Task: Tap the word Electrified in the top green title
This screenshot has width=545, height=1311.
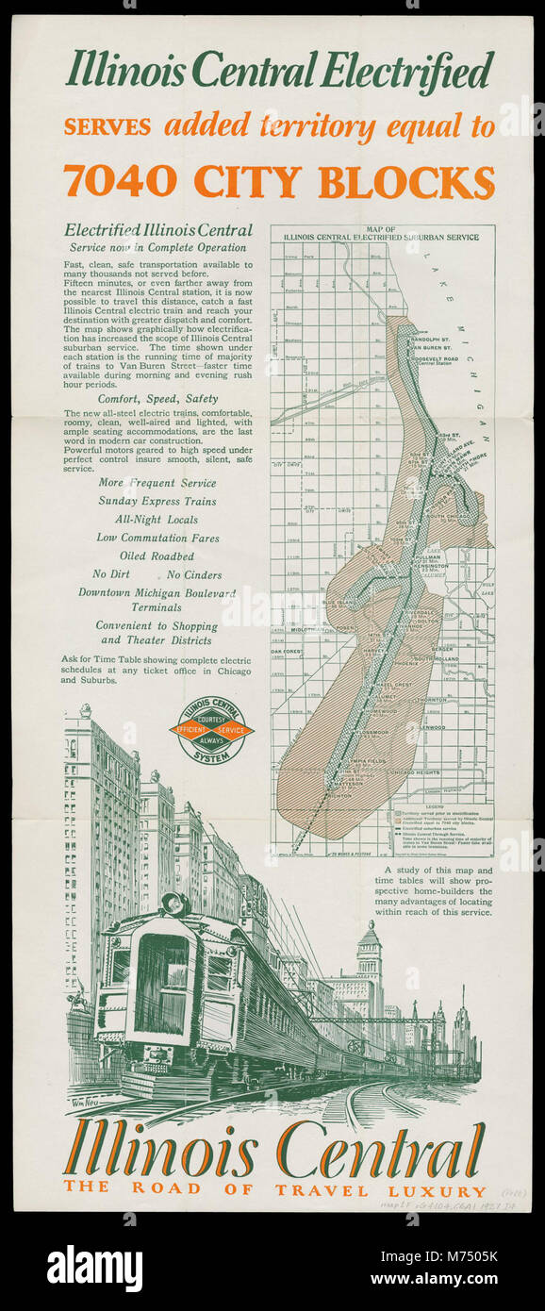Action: [x=408, y=71]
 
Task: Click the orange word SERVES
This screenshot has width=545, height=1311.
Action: [x=108, y=127]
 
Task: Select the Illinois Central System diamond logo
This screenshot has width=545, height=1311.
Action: [x=211, y=729]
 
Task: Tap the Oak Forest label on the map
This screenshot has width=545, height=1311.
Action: [x=287, y=652]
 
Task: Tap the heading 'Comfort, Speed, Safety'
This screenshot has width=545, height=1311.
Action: [x=158, y=399]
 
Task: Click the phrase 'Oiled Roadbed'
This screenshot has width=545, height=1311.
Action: [x=157, y=556]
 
